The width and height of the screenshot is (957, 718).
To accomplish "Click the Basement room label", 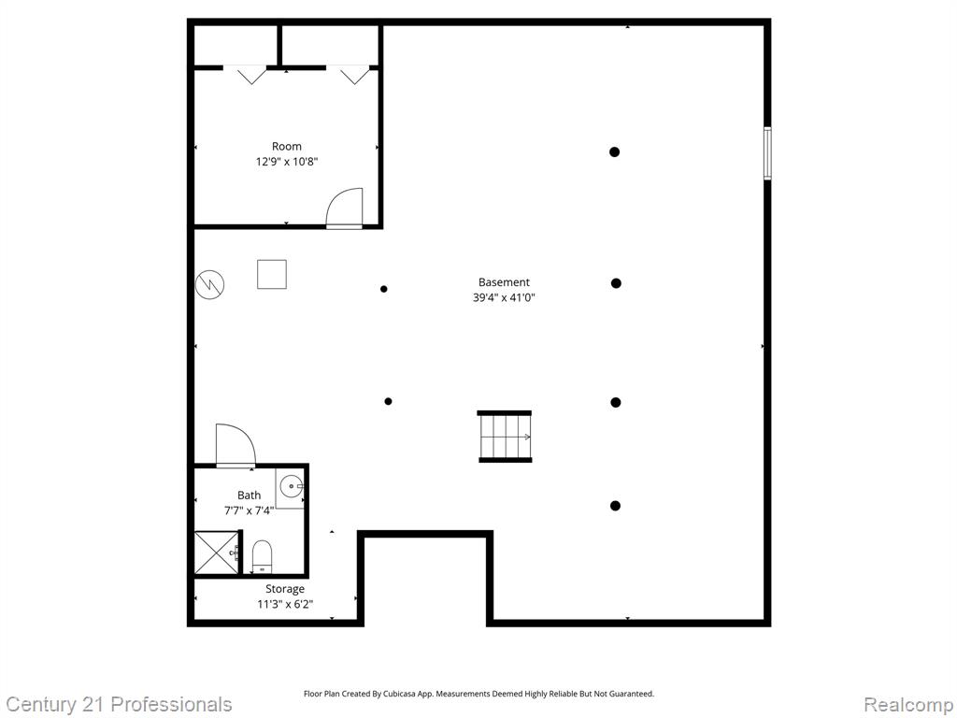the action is [504, 282].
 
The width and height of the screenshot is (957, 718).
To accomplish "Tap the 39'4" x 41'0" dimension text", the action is [504, 298].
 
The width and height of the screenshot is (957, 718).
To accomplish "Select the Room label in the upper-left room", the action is [286, 147].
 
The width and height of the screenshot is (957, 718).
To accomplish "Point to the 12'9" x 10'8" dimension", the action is [286, 162].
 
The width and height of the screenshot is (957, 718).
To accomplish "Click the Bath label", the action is [249, 495].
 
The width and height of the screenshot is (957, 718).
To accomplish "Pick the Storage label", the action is [285, 589].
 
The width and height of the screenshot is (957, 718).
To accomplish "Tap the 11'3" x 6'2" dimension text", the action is [285, 605].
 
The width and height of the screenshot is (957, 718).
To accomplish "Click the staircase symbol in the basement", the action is [505, 437].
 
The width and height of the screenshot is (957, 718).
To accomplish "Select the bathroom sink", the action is [292, 486].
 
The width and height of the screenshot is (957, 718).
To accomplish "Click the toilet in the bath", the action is [262, 556].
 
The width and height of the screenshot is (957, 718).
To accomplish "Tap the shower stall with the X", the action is [217, 552].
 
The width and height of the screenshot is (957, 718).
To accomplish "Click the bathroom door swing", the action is [236, 445].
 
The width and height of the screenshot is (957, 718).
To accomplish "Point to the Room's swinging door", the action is [344, 208].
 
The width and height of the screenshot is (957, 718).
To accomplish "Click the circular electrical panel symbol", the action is [210, 284].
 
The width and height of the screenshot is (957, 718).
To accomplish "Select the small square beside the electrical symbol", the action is [272, 274].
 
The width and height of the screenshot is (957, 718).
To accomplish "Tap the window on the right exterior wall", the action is [768, 153].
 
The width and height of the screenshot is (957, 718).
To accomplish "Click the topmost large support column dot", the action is [615, 152].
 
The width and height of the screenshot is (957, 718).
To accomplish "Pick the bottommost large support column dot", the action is [615, 506].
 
